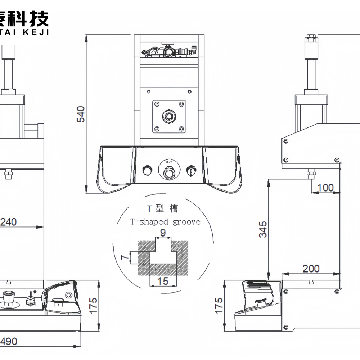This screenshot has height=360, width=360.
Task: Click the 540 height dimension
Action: point(82,114)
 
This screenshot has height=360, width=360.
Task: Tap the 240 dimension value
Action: point(9,222)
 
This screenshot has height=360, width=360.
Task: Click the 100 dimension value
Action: point(325,188)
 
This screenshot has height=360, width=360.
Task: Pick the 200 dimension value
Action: point(311,269)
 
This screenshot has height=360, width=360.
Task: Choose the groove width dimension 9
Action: point(163,233)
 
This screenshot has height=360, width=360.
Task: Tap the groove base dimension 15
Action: point(163,281)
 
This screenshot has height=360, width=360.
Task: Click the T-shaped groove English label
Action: point(165,222)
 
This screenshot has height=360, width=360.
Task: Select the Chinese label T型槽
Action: point(162,208)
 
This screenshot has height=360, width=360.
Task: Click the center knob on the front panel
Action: point(168,173)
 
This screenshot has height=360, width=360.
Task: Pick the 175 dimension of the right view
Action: point(219,305)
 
